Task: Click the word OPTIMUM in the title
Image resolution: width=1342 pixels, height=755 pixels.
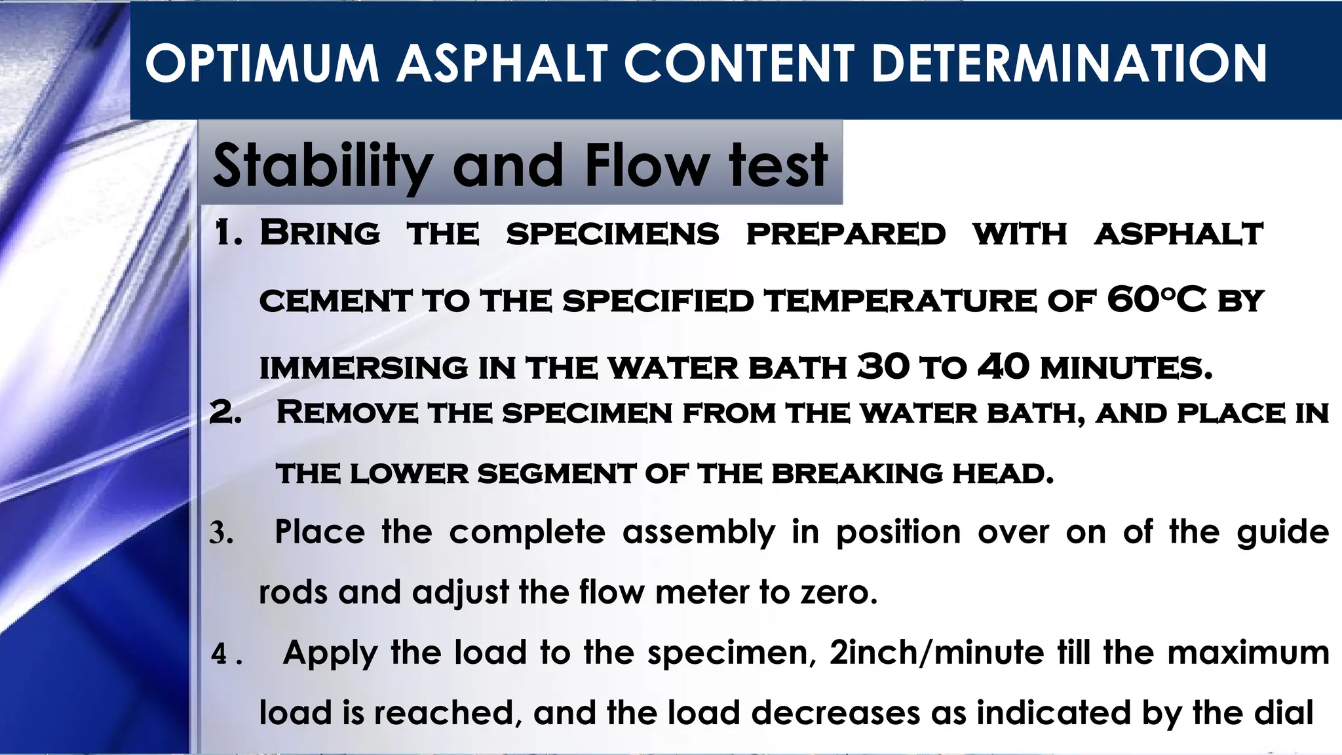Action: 262,64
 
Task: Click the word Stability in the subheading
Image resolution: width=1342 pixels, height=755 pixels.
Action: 322,165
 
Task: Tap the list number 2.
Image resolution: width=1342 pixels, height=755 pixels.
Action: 225,413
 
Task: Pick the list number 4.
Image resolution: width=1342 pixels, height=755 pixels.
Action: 220,654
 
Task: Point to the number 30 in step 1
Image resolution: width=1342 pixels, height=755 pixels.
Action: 883,366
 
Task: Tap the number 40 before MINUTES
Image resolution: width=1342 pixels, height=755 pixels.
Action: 1003,366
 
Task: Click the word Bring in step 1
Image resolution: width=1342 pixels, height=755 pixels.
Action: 320,233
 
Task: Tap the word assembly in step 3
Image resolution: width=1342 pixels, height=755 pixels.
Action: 699,532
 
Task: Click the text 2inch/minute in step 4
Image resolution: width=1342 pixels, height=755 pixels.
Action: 936,653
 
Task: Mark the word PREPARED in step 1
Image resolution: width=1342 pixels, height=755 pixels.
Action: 845,235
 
